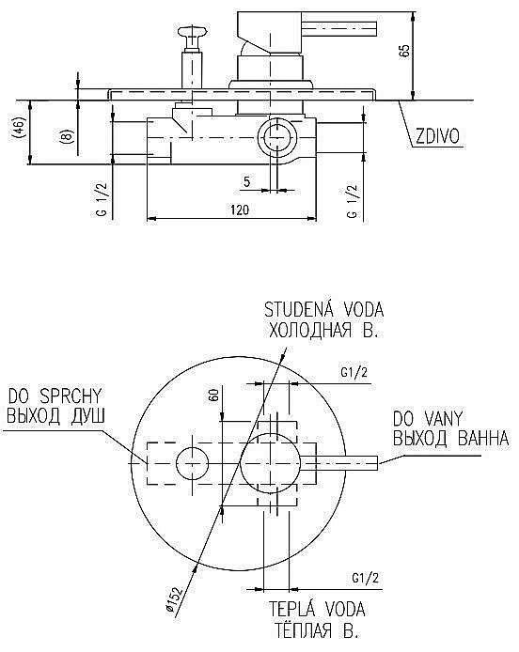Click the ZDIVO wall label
click(438, 136)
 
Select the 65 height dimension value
click(404, 51)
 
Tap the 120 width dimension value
click(240, 210)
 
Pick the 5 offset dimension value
click(246, 181)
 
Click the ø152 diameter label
click(174, 598)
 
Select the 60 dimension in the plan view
click(214, 395)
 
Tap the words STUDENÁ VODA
click(323, 310)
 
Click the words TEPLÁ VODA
click(317, 610)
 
